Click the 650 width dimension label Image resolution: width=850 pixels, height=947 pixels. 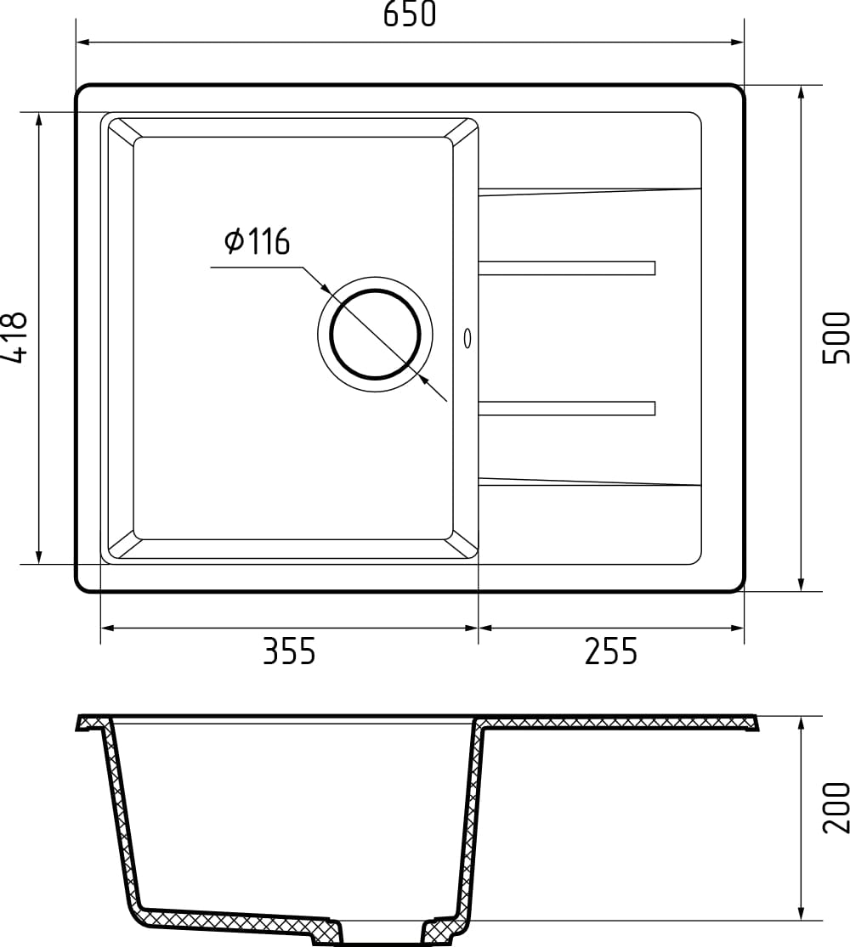pyautogui.click(x=410, y=14)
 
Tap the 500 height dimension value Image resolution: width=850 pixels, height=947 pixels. pyautogui.click(x=836, y=337)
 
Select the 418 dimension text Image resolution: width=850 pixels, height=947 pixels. pyautogui.click(x=15, y=337)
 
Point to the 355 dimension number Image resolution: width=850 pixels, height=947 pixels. pyautogui.click(x=289, y=652)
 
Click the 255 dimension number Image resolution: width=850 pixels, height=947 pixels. pyautogui.click(x=610, y=652)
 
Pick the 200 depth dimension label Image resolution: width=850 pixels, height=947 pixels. pyautogui.click(x=836, y=807)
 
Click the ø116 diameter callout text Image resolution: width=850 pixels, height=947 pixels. pyautogui.click(x=257, y=243)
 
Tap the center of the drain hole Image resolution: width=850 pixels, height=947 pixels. pyautogui.click(x=375, y=334)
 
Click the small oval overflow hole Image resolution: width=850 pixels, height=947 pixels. pyautogui.click(x=467, y=337)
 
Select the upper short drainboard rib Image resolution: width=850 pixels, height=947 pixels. pyautogui.click(x=567, y=268)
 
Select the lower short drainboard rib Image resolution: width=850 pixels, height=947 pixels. pyautogui.click(x=567, y=409)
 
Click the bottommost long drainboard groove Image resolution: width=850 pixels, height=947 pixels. pyautogui.click(x=590, y=482)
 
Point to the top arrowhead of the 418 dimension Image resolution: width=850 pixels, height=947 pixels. pyautogui.click(x=38, y=120)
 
